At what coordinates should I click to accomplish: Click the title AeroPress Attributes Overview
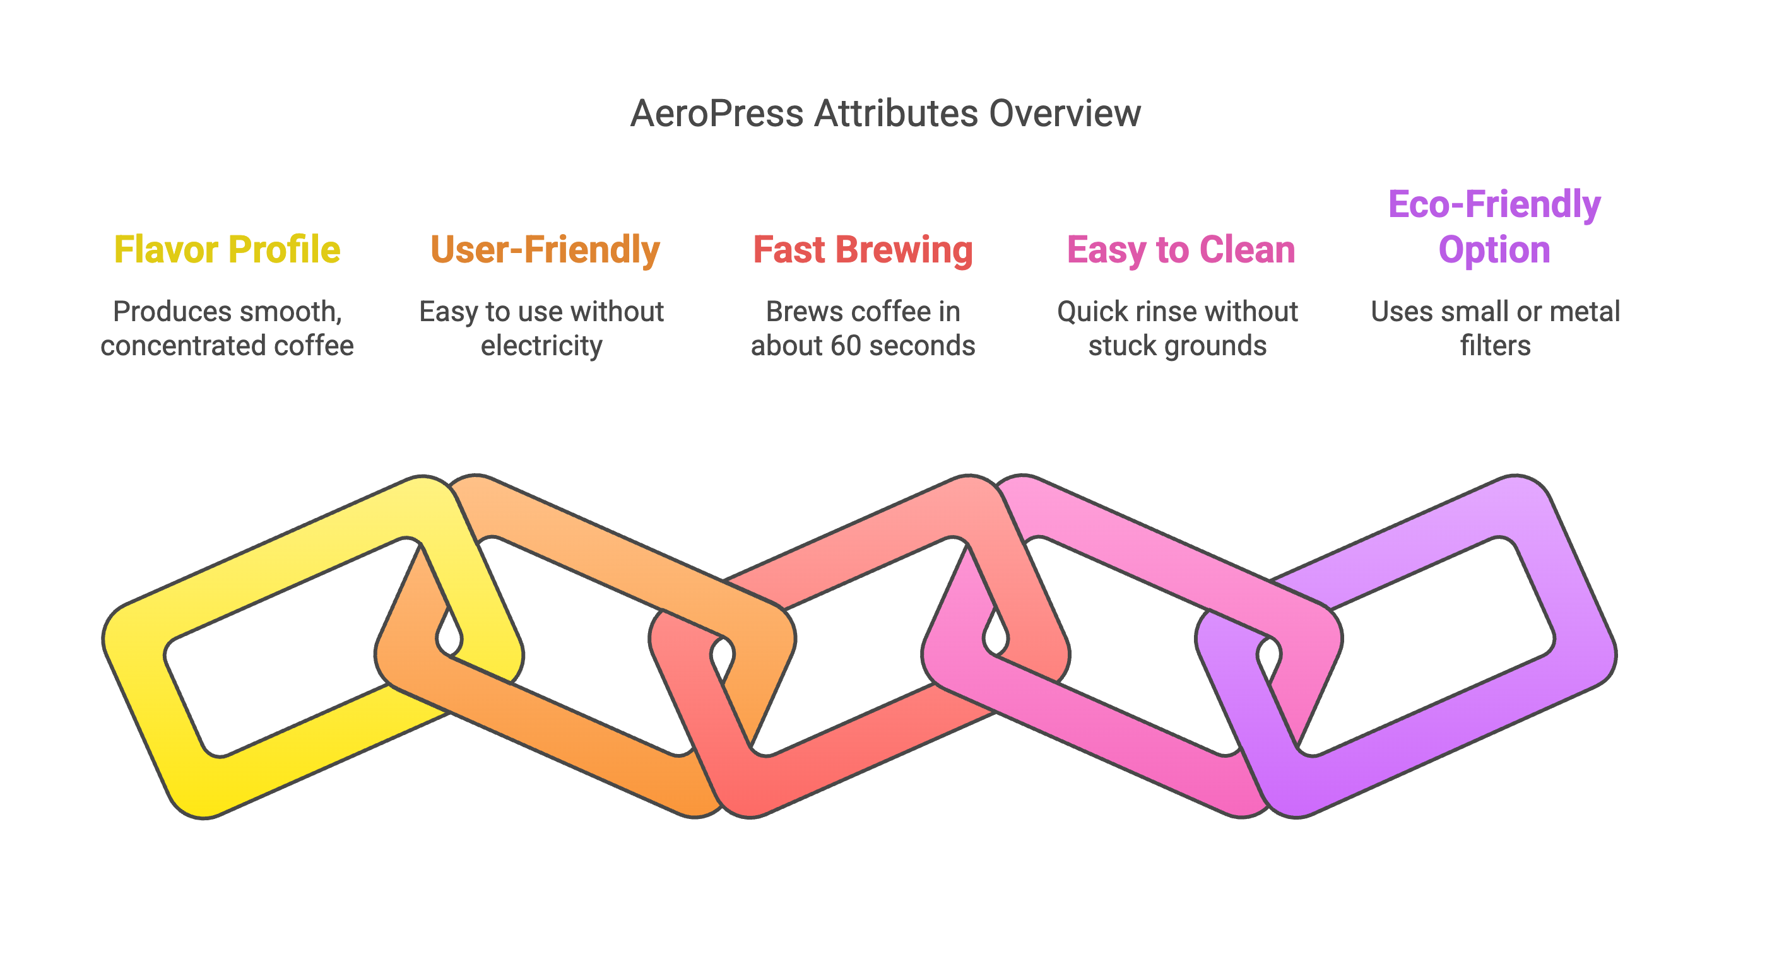point(885,114)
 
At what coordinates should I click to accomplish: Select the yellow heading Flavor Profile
point(227,250)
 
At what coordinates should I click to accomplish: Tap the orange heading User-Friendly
point(545,250)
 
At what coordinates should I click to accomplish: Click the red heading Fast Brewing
point(863,250)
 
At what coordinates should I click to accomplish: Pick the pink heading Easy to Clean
point(1181,250)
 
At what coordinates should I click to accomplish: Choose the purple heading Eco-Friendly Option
point(1494,227)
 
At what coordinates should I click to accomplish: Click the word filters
point(1496,346)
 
